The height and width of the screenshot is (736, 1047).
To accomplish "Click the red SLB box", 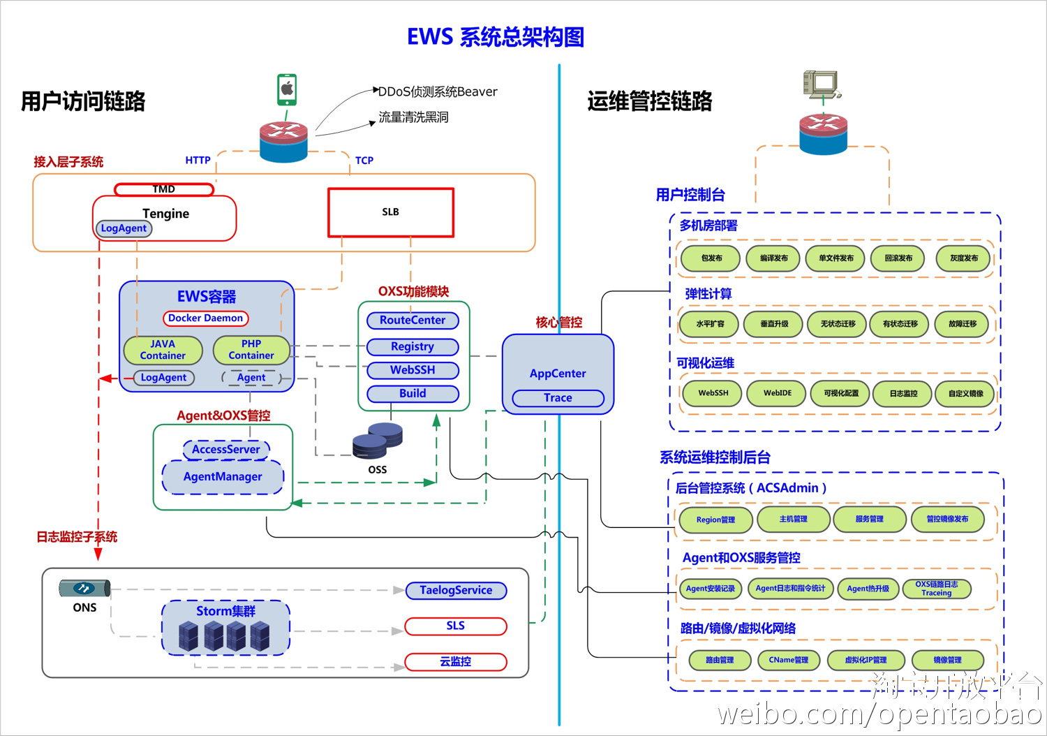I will (391, 212).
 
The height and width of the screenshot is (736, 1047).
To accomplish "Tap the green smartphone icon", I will (287, 89).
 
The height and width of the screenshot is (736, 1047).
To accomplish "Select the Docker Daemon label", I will (206, 318).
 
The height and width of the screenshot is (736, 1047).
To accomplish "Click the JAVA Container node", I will (163, 350).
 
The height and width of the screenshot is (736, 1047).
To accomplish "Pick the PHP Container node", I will (251, 350).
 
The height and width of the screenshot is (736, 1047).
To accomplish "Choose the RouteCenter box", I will (413, 321).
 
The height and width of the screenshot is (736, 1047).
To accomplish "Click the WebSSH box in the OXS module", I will (413, 370).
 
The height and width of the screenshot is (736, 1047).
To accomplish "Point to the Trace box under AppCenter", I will (558, 398).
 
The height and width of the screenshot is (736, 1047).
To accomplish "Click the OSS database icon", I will (378, 441).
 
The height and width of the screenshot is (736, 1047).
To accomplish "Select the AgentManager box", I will (223, 477).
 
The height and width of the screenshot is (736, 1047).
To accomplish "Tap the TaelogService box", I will (456, 591).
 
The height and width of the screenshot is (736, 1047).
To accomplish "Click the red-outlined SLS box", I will (456, 626).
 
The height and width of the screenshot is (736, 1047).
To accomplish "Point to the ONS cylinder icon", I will (84, 589).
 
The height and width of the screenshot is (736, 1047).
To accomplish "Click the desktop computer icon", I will (822, 85).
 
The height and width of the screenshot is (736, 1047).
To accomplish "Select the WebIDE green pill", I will (777, 393).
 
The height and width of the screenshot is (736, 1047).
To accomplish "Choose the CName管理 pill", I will (789, 660).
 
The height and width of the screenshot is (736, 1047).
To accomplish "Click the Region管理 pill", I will (715, 520).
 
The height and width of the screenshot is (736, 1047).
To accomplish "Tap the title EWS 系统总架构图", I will (496, 37).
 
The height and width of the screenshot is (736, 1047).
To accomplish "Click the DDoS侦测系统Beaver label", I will (438, 92).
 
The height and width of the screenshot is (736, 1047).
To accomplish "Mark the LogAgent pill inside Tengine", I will (124, 228).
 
